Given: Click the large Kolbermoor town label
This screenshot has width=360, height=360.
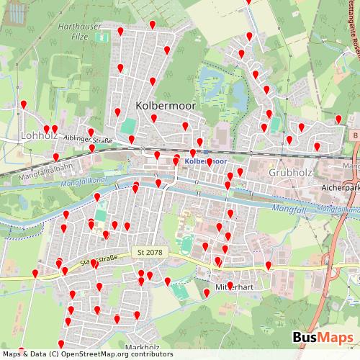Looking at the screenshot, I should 165,105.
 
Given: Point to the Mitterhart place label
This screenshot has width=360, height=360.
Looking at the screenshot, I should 237,285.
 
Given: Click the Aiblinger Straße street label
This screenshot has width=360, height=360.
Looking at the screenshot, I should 88,140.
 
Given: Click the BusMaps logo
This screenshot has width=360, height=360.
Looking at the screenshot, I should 323,338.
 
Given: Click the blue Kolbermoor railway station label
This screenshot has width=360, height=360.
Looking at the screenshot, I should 206,161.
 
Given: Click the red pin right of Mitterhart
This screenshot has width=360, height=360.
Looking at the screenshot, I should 269,266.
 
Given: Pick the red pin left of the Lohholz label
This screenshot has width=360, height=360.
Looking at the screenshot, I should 24,104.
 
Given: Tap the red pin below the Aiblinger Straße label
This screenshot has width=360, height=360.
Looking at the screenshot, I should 91,148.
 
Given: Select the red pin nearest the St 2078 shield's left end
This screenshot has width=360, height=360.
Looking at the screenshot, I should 96,264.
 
